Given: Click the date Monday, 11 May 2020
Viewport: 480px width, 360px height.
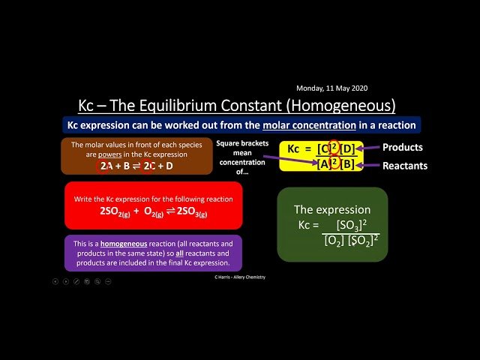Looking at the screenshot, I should (332, 88).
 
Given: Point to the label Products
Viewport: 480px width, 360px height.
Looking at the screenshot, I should (403, 147).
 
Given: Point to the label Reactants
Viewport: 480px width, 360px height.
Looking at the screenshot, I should (405, 166).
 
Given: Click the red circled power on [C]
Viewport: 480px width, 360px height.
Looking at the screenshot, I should (334, 147).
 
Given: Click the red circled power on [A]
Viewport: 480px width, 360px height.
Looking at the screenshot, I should (334, 164).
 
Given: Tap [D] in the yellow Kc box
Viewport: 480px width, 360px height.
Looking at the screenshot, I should (351, 148).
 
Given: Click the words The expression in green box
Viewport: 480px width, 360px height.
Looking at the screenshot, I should (331, 210).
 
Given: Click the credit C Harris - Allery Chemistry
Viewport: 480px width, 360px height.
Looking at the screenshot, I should (239, 277).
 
